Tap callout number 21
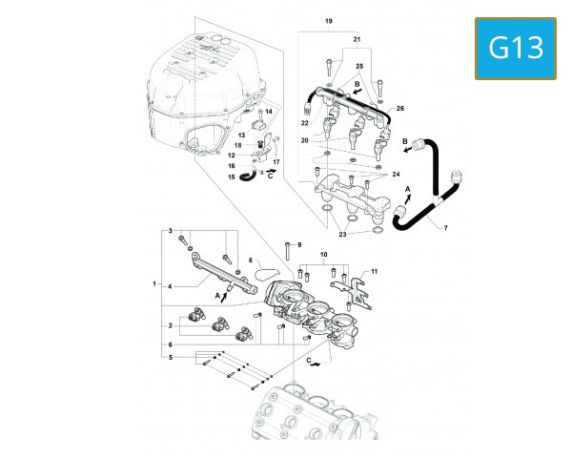tap(357, 39)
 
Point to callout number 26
tap(400, 108)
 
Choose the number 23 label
tap(341, 233)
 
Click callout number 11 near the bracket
tap(375, 272)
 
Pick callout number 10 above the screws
tap(323, 256)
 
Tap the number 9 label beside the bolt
tap(297, 245)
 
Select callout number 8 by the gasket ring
tap(250, 260)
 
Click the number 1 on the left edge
tap(154, 284)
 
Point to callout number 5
tap(171, 358)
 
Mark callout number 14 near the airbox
tap(269, 113)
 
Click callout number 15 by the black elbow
tap(230, 177)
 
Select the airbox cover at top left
tap(200, 95)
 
